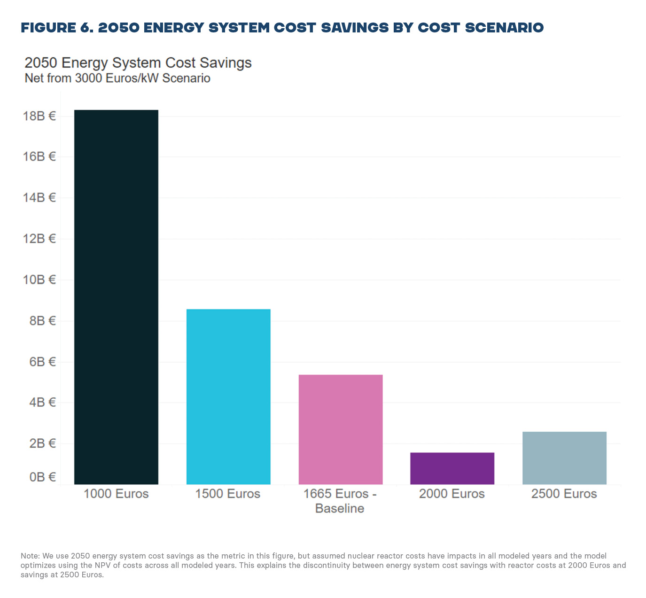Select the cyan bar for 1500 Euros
228,396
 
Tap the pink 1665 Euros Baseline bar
341,429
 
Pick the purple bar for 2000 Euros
452,468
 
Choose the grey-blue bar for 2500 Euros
564,458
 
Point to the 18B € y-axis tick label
39,116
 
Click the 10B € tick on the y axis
39,280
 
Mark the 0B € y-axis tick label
42,477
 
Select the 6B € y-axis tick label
42,362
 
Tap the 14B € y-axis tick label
39,198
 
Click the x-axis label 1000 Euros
116,494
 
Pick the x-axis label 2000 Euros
452,494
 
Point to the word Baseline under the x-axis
340,509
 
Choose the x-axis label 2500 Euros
564,494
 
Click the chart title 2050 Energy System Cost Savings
138,63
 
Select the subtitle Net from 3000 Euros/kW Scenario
117,78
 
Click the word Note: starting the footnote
31,556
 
